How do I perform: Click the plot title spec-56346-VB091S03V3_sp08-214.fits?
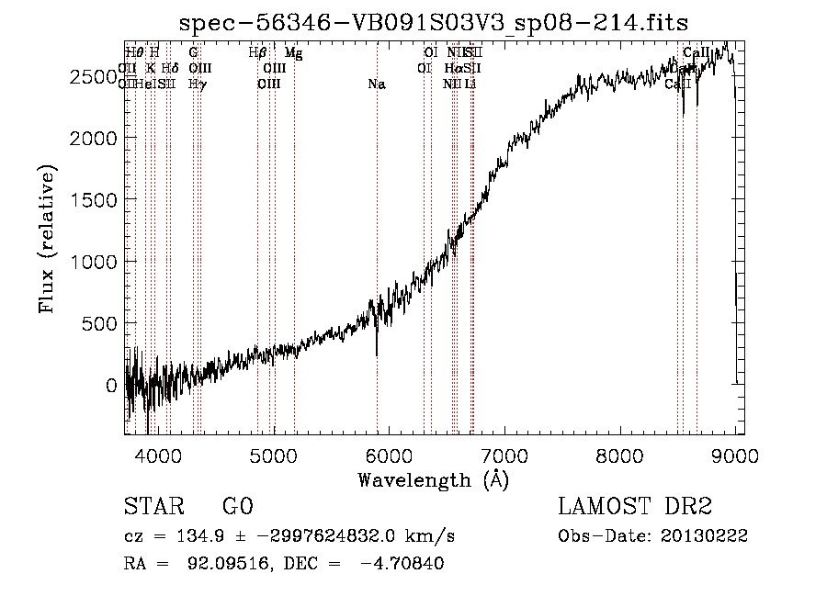click(435, 22)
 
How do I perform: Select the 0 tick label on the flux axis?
click(111, 386)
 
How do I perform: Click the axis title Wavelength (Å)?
click(433, 479)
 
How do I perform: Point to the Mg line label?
click(293, 53)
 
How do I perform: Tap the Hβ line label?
click(257, 53)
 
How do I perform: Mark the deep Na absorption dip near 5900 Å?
click(377, 354)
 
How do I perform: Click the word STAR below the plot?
click(153, 507)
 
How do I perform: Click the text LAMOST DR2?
click(635, 507)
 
